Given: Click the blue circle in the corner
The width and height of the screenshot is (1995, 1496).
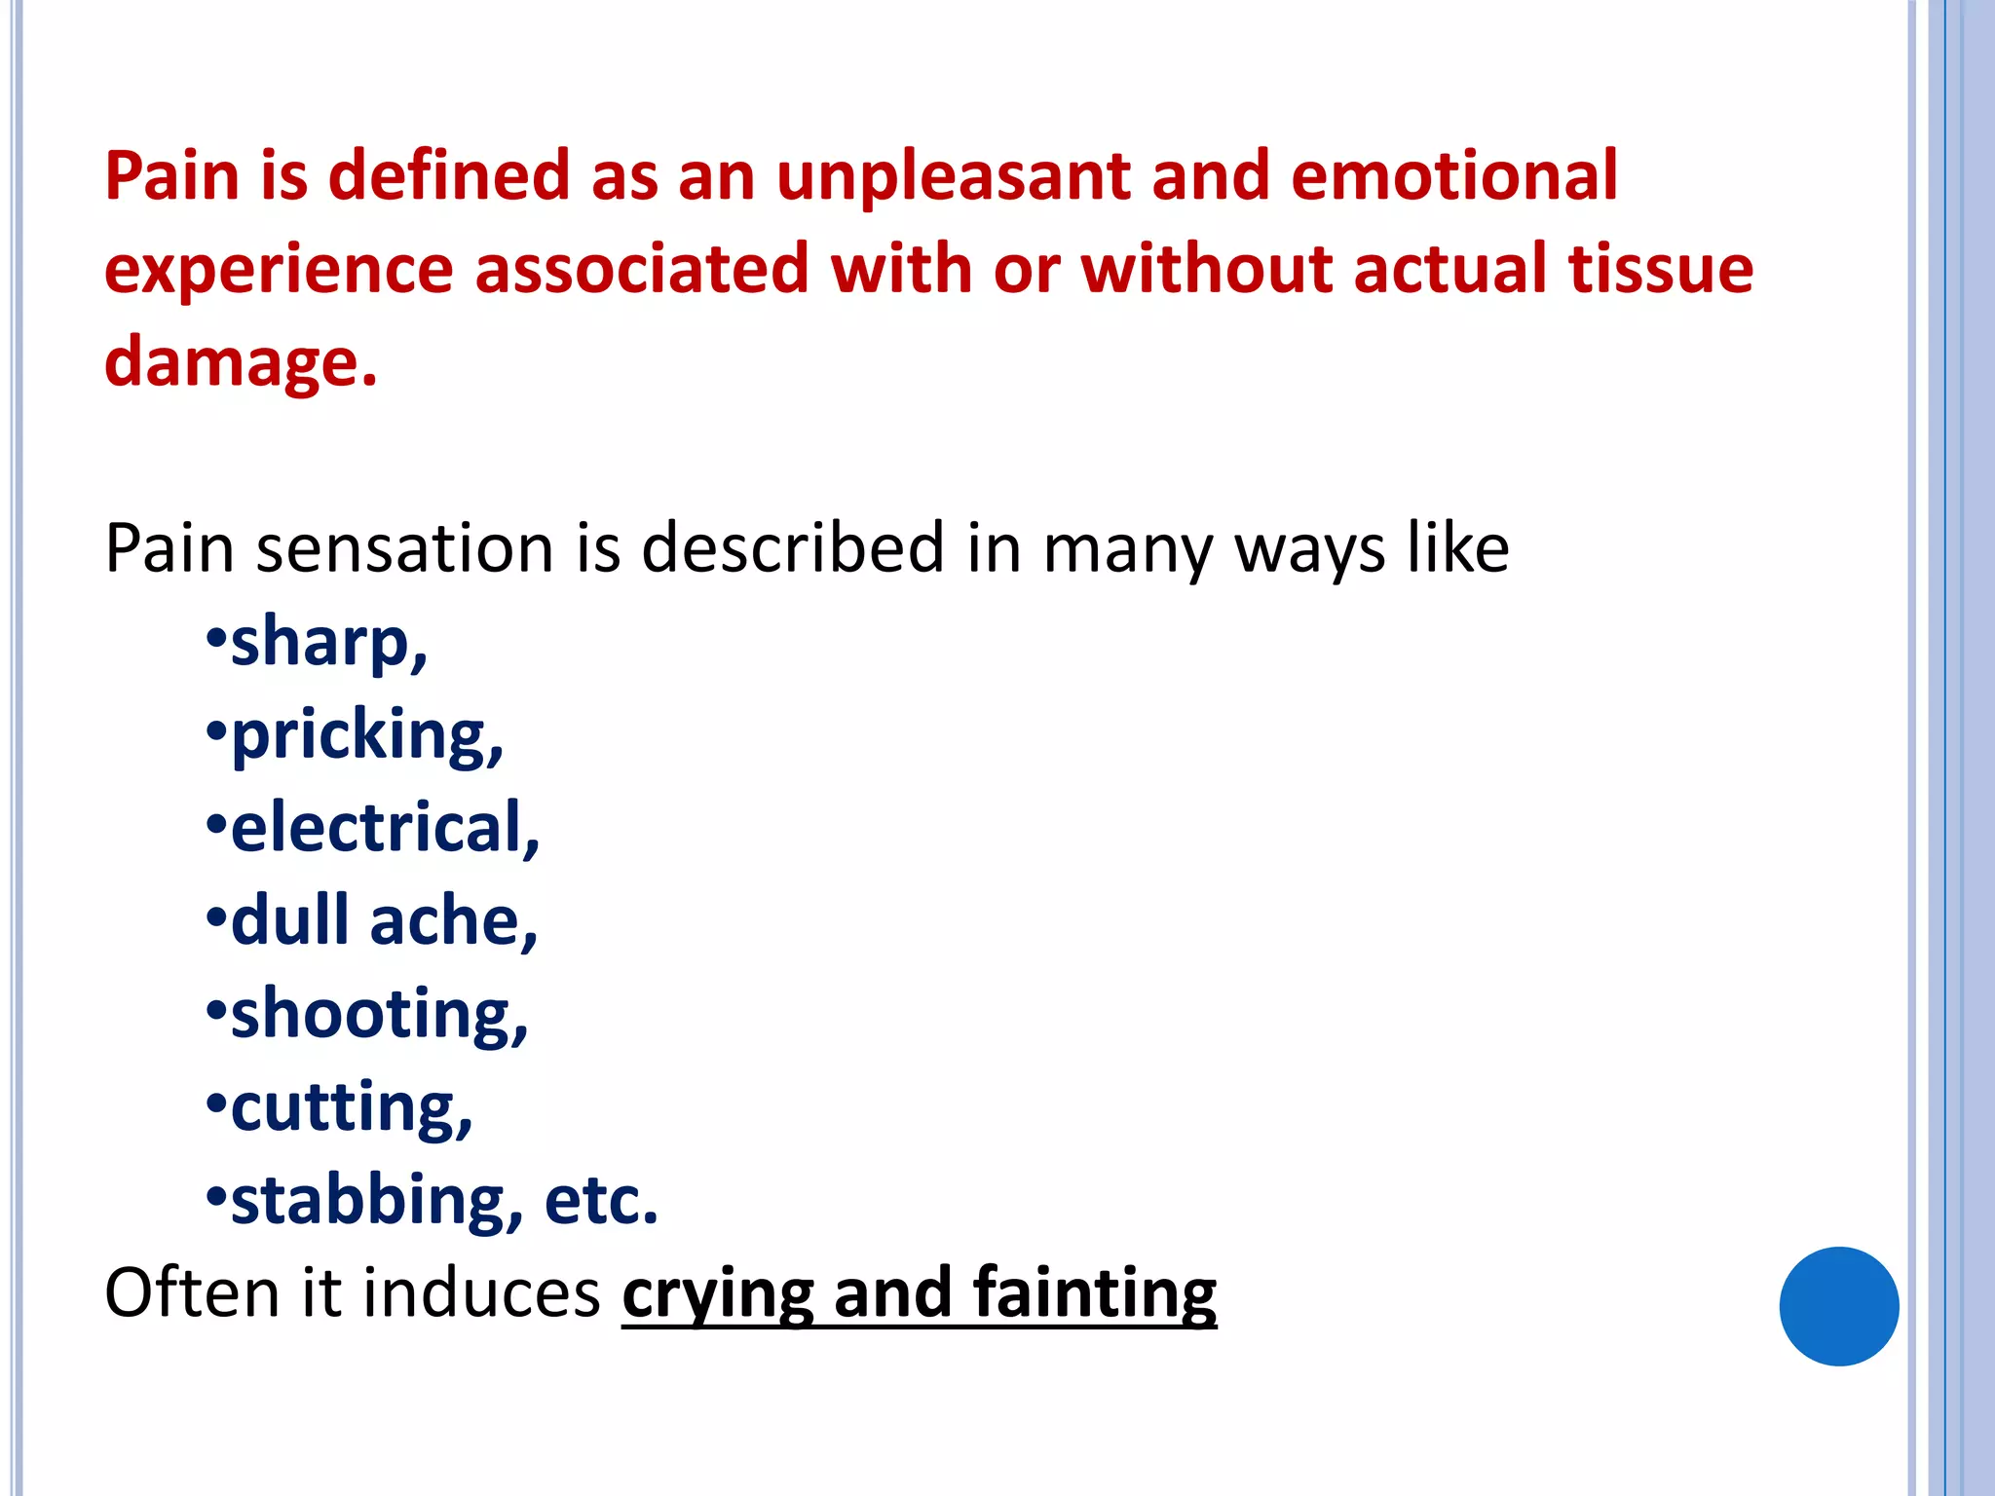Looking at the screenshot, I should pyautogui.click(x=1838, y=1306).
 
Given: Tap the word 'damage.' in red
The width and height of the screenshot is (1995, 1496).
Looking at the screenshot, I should pyautogui.click(x=240, y=362).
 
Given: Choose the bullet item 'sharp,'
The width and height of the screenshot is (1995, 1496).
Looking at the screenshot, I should pyautogui.click(x=328, y=643).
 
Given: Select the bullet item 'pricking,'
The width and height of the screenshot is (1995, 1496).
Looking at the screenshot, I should pyautogui.click(x=366, y=735).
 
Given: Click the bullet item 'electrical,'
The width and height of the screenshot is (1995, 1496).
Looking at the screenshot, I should pyautogui.click(x=385, y=828).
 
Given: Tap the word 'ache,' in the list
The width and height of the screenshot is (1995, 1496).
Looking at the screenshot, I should pyautogui.click(x=453, y=921).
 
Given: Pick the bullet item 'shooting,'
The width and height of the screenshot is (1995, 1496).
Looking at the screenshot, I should pyautogui.click(x=379, y=1015).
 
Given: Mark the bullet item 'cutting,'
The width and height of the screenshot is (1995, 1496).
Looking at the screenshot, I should pyautogui.click(x=351, y=1108).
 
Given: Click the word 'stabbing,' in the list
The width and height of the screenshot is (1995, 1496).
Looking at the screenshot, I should pyautogui.click(x=377, y=1201).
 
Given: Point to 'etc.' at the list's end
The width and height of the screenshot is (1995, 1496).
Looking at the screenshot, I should pyautogui.click(x=601, y=1200).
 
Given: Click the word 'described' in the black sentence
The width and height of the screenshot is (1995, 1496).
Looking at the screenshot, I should pyautogui.click(x=792, y=548).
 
